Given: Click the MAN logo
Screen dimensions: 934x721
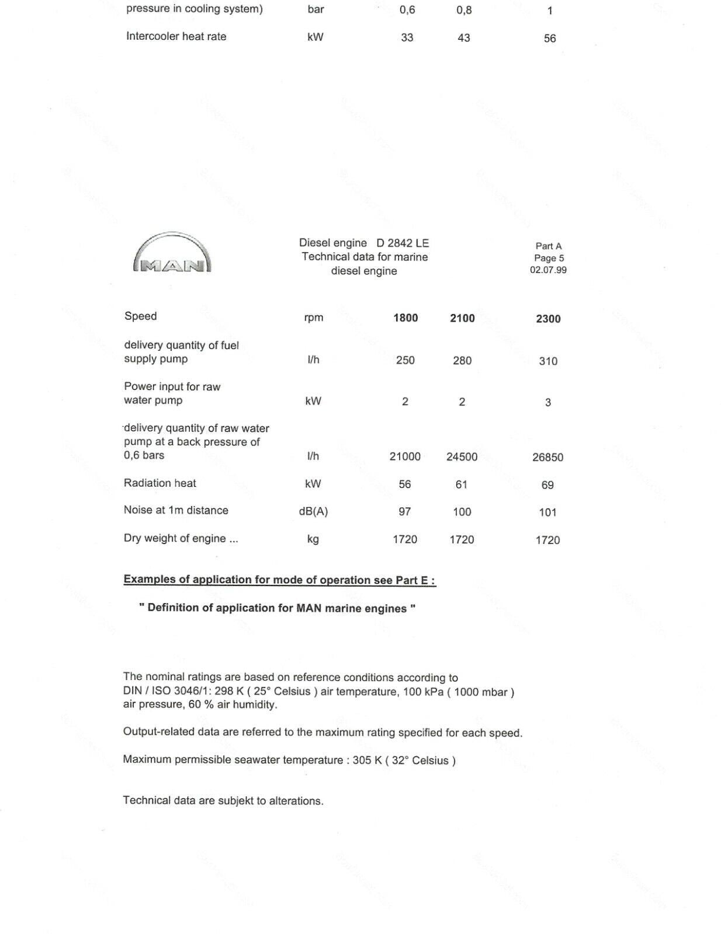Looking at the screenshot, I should point(172,253).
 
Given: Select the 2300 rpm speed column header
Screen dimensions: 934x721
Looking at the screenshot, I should point(548,319).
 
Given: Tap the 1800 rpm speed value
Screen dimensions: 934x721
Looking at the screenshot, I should point(405,318).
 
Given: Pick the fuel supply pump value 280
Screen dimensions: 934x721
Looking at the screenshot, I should point(462,361).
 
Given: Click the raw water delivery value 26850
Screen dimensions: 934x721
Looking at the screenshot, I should point(547,458).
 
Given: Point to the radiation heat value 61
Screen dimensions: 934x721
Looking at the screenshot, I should point(462,485).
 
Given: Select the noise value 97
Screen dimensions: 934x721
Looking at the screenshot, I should point(405,512).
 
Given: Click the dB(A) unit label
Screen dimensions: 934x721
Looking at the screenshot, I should point(313,512).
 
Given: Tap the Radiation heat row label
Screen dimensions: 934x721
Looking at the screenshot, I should point(160,483).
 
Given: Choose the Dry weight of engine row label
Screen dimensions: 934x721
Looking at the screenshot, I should point(181,538).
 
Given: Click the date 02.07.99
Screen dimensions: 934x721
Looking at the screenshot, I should point(548,270).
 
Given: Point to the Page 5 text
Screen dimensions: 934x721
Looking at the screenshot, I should point(549,258).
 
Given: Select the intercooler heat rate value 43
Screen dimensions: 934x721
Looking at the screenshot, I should point(464,38).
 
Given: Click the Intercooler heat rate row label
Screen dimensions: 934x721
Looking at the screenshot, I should point(176,36).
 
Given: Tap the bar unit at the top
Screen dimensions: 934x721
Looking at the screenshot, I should point(316,9).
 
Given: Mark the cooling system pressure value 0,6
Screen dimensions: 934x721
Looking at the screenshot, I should point(407,10).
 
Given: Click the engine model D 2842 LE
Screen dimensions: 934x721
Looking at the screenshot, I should point(403,243).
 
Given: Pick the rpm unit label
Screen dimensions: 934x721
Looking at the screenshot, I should point(314,318).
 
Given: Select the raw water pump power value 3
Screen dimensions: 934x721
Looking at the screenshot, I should point(548,402).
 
